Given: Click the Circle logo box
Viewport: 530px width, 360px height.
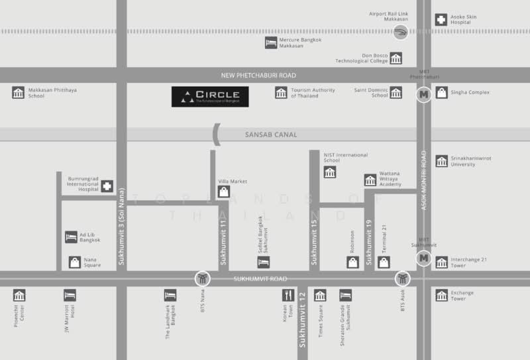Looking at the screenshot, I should [210, 97].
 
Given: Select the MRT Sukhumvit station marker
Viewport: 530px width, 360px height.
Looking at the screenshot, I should [423, 258].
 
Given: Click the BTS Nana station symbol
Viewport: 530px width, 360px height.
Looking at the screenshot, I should [203, 278].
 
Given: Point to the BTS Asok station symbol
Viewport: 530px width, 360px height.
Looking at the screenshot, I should [403, 278].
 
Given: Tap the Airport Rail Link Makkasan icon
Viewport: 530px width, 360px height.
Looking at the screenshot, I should [400, 32].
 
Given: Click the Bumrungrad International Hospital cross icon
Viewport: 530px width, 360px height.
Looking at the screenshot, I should [107, 186].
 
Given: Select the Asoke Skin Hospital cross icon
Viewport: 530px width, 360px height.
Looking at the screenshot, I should [441, 20].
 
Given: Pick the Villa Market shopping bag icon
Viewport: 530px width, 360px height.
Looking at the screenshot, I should [224, 192].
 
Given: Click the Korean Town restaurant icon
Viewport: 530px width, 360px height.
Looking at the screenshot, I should [288, 295].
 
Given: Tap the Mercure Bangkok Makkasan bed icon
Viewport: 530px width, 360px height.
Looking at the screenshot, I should [271, 43].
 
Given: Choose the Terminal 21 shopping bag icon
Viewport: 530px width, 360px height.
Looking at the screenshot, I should [384, 263].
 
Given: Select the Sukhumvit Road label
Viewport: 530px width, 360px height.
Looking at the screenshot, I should [260, 279].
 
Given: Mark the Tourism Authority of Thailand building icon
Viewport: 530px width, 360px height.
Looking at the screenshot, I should [281, 93].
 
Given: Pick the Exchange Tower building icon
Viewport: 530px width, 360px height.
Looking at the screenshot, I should [441, 295].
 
